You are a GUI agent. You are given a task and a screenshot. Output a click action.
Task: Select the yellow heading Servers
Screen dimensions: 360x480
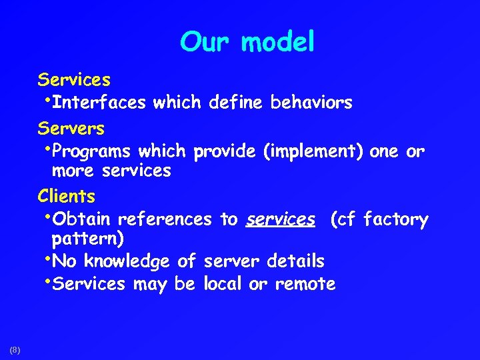(x=71, y=127)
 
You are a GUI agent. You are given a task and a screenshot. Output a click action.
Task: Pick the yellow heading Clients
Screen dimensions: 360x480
(x=67, y=197)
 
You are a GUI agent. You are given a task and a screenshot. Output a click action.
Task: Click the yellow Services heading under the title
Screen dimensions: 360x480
(x=74, y=80)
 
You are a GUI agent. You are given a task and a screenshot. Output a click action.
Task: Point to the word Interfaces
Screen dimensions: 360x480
(x=99, y=103)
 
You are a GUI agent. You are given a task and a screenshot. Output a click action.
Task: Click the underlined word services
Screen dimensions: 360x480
(x=280, y=219)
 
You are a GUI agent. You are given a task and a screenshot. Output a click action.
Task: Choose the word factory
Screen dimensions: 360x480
(x=396, y=219)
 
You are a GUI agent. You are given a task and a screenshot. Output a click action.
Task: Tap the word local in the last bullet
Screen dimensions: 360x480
(x=223, y=284)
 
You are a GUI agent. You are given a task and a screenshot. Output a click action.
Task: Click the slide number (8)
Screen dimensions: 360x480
(x=15, y=349)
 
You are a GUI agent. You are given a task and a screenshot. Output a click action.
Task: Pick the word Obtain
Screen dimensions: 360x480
(x=82, y=219)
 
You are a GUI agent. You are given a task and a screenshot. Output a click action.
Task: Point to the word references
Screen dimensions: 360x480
(x=166, y=219)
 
